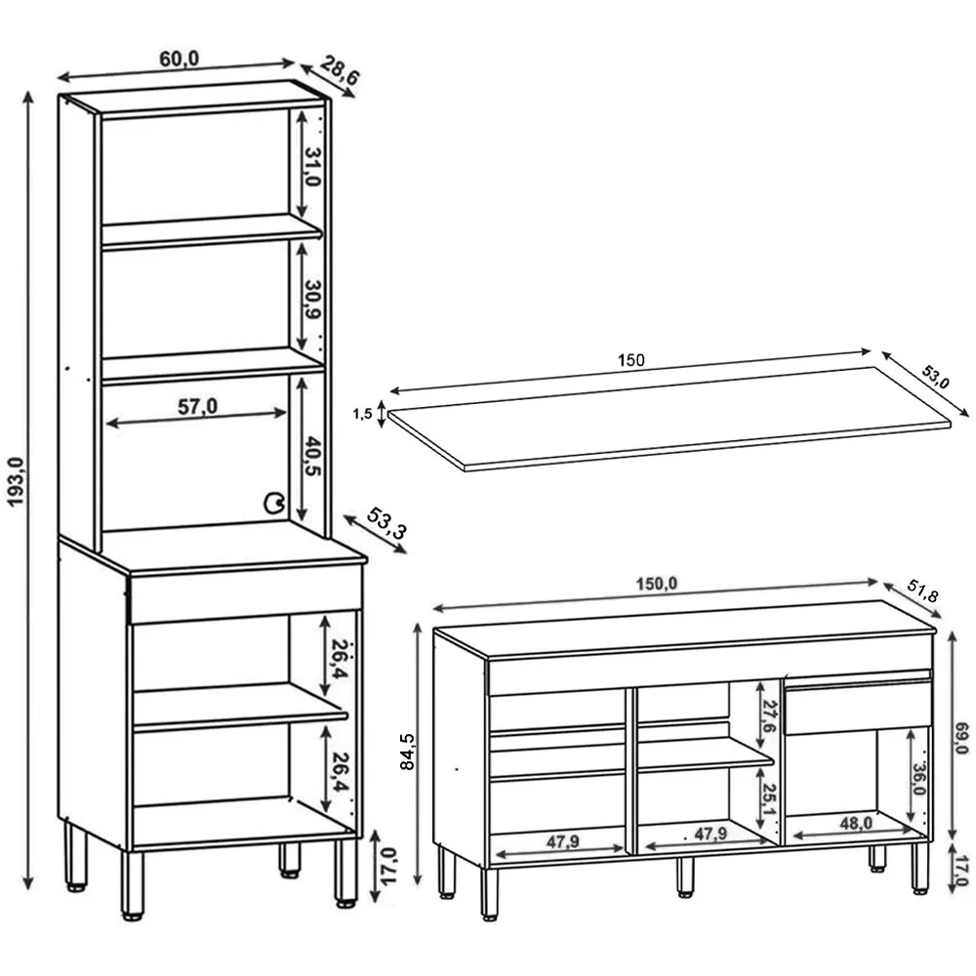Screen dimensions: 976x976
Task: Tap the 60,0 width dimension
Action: pyautogui.click(x=180, y=59)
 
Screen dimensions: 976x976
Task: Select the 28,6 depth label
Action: pyautogui.click(x=341, y=69)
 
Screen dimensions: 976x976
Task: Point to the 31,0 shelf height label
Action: pyautogui.click(x=312, y=167)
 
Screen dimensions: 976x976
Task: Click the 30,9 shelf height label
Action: pyautogui.click(x=312, y=300)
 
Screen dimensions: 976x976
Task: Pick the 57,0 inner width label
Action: pyautogui.click(x=197, y=406)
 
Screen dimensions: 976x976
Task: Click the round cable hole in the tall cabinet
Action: pyautogui.click(x=274, y=503)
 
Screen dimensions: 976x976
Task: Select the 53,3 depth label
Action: pyautogui.click(x=387, y=523)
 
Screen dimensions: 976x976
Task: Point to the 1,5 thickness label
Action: pyautogui.click(x=362, y=413)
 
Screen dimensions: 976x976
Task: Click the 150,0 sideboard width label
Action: pyautogui.click(x=657, y=584)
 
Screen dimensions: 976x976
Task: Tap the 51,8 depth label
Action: pyautogui.click(x=922, y=591)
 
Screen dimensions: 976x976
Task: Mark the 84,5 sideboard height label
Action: pyautogui.click(x=407, y=752)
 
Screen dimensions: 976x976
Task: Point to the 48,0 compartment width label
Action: pyautogui.click(x=856, y=824)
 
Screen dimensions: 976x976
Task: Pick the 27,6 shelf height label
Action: pyautogui.click(x=769, y=715)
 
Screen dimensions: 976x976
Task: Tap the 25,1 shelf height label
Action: pyautogui.click(x=769, y=799)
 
